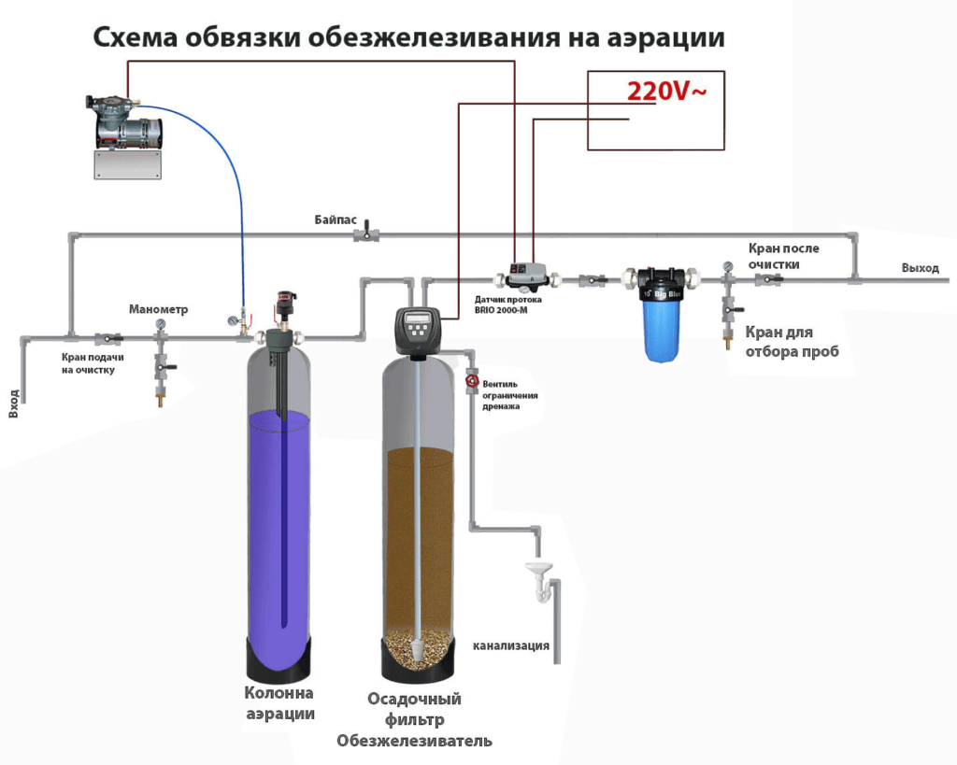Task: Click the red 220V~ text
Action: coord(666,92)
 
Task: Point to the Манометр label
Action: coord(159,309)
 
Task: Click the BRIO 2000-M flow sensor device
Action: coord(525,275)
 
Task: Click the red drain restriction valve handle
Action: coord(472,380)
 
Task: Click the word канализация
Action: coord(510,645)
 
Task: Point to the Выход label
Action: coord(920,268)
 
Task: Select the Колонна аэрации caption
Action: coord(279,703)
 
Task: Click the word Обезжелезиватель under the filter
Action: coord(414,741)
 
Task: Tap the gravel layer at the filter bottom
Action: coord(418,644)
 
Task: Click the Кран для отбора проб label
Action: coord(778,342)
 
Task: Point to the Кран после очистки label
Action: coord(782,256)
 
